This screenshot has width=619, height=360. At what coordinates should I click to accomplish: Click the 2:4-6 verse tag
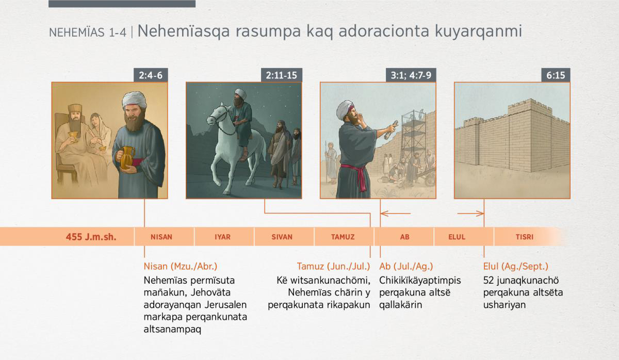point(151,75)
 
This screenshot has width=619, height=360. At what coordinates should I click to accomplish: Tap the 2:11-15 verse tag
point(281,75)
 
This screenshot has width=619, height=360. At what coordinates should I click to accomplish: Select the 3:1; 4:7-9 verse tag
point(411,75)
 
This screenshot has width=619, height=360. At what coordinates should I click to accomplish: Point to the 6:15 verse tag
point(556,75)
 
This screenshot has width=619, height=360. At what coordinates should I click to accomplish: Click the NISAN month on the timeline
point(161,237)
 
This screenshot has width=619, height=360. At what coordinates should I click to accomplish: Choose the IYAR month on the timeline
point(222,237)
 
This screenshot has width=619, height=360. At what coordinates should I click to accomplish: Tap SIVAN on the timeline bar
point(282,237)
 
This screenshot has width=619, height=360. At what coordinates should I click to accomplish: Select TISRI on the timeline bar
point(525,237)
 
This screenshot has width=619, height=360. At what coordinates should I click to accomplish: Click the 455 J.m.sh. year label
point(91,237)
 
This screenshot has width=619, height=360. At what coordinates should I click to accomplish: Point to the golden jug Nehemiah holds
point(126,157)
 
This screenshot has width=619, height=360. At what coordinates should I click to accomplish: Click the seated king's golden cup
point(73,136)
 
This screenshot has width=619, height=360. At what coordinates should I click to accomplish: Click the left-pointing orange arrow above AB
point(396,214)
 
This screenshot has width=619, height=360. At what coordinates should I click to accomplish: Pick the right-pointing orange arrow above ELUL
point(470,214)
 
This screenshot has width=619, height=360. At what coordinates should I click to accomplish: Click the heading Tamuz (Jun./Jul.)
point(333,266)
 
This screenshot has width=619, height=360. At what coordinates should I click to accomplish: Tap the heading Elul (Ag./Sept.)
point(516,266)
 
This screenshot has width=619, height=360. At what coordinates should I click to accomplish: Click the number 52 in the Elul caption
point(488,281)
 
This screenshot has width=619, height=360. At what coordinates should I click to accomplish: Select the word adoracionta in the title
point(384,31)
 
